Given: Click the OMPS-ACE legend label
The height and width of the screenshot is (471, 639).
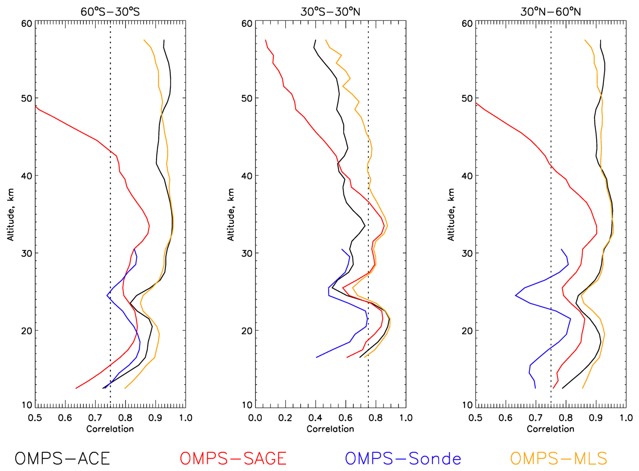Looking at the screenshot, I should click(x=62, y=458).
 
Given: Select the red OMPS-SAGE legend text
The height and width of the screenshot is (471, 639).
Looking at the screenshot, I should click(x=233, y=458).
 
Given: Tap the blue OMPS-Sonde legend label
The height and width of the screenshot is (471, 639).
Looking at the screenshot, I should click(x=403, y=458).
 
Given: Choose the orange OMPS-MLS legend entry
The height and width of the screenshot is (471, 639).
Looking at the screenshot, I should click(x=559, y=458).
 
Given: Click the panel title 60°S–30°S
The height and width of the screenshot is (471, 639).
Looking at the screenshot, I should click(x=110, y=12).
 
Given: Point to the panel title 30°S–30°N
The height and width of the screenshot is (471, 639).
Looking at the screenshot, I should click(x=330, y=12).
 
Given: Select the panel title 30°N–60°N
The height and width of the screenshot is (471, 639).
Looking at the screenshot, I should click(x=551, y=12).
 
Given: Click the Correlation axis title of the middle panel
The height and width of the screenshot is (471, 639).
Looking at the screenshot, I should click(x=330, y=429).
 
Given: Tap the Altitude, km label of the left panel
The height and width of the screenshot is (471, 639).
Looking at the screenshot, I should click(x=10, y=215).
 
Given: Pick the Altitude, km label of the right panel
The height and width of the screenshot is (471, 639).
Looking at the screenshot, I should click(x=451, y=215).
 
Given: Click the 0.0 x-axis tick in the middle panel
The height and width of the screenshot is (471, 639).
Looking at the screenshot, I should click(x=255, y=418).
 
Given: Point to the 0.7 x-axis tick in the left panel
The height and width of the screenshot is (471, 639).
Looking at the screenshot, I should click(x=95, y=418).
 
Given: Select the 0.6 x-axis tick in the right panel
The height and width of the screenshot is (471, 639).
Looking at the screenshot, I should click(x=506, y=418).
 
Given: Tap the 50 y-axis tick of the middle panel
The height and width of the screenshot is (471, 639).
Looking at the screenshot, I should click(x=247, y=98).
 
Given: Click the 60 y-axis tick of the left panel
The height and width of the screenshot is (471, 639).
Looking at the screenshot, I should click(x=27, y=24).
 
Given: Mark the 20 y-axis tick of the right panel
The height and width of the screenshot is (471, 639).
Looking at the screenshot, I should click(x=467, y=331).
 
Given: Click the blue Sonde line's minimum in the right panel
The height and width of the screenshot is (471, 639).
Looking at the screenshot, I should click(x=515, y=296).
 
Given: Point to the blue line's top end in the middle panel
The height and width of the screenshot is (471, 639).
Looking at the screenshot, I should click(x=342, y=250).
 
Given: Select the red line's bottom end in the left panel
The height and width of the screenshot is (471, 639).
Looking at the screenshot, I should click(x=76, y=388).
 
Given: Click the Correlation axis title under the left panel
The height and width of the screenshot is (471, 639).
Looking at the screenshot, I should click(x=110, y=429).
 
